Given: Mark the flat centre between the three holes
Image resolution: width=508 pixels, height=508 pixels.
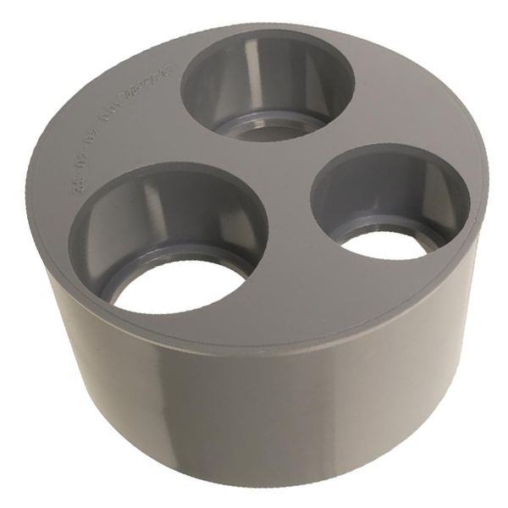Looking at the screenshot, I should tap(284, 182).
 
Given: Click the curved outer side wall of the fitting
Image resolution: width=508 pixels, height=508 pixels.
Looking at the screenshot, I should tap(254, 406).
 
